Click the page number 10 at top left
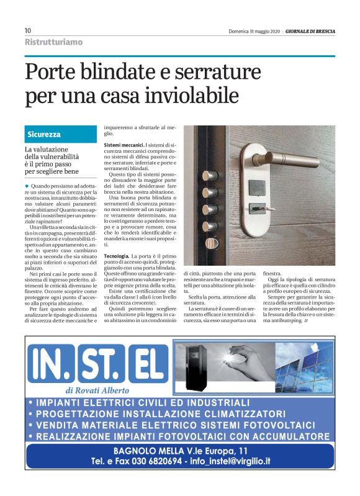[x=28, y=30]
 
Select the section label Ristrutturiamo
[x=53, y=42]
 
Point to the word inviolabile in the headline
[x=191, y=96]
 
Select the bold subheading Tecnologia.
[x=116, y=256]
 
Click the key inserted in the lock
[x=254, y=208]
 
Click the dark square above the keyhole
[x=253, y=186]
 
